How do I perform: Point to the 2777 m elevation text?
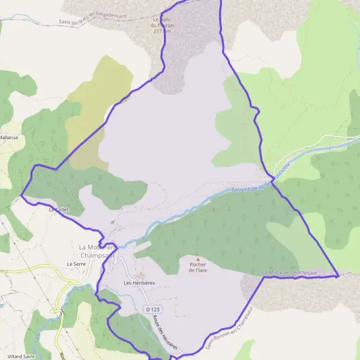click(161, 31)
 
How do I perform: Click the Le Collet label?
click(59, 210)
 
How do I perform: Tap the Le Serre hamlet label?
click(77, 263)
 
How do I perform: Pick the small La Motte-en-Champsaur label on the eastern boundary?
click(289, 273)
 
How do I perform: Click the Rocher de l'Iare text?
click(197, 267)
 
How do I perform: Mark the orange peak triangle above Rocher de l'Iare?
click(197, 259)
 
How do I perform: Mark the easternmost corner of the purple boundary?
click(338, 276)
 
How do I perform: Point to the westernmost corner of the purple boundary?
click(22, 195)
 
